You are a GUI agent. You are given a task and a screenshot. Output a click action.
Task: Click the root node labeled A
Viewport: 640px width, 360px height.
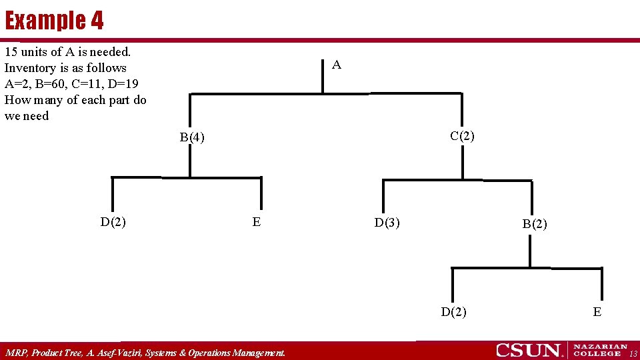click(337, 65)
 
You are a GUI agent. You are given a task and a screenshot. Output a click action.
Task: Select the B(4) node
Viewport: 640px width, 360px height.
click(192, 138)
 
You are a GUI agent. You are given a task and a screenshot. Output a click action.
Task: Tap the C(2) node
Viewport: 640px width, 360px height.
click(462, 136)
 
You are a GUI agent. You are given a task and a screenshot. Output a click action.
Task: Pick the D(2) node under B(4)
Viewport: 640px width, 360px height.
click(113, 222)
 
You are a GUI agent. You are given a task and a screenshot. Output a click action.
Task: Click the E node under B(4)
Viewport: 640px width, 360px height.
click(257, 222)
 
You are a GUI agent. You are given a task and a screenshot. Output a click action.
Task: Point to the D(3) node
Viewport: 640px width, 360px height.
click(387, 223)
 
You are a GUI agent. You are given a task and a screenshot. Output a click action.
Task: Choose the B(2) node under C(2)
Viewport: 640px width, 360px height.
click(535, 224)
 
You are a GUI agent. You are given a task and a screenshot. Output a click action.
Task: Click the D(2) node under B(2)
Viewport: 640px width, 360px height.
click(454, 311)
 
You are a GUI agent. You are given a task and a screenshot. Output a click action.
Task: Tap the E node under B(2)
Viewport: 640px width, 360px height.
click(597, 311)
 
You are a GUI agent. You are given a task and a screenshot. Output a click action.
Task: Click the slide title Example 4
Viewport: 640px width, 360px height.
click(55, 21)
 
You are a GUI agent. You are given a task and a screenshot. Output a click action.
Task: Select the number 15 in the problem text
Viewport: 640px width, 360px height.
click(11, 51)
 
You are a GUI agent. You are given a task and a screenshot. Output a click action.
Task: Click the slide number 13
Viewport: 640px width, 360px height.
click(633, 353)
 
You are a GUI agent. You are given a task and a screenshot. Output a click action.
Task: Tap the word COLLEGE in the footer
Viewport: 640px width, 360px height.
click(597, 354)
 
